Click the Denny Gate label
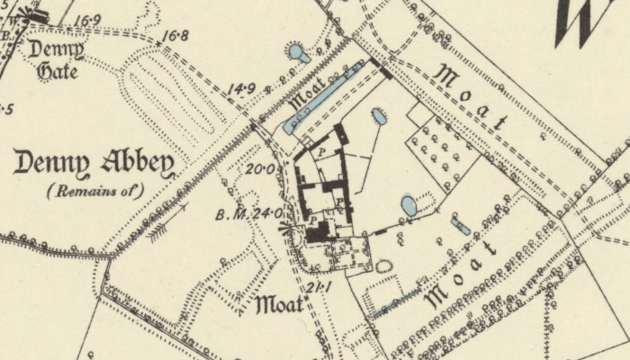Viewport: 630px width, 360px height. click(56, 58)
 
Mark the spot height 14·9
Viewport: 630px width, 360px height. click(241, 87)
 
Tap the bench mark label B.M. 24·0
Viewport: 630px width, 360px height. click(249, 214)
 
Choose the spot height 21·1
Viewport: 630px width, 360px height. click(315, 287)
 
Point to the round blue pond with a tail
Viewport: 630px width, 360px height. click(297, 53)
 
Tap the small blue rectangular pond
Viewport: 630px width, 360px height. click(461, 224)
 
